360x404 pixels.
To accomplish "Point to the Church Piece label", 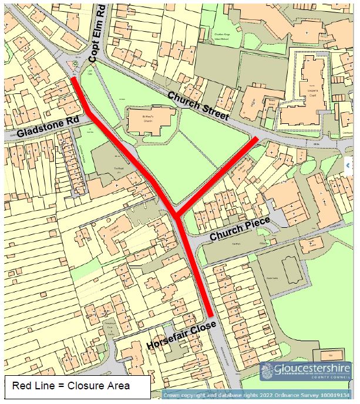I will point(240,228).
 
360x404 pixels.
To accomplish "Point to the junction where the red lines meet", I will point(177,215).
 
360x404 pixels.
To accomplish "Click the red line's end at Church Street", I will point(255,139).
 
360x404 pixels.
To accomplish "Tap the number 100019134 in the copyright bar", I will point(335,397).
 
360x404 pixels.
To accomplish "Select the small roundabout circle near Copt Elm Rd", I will point(74,64).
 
